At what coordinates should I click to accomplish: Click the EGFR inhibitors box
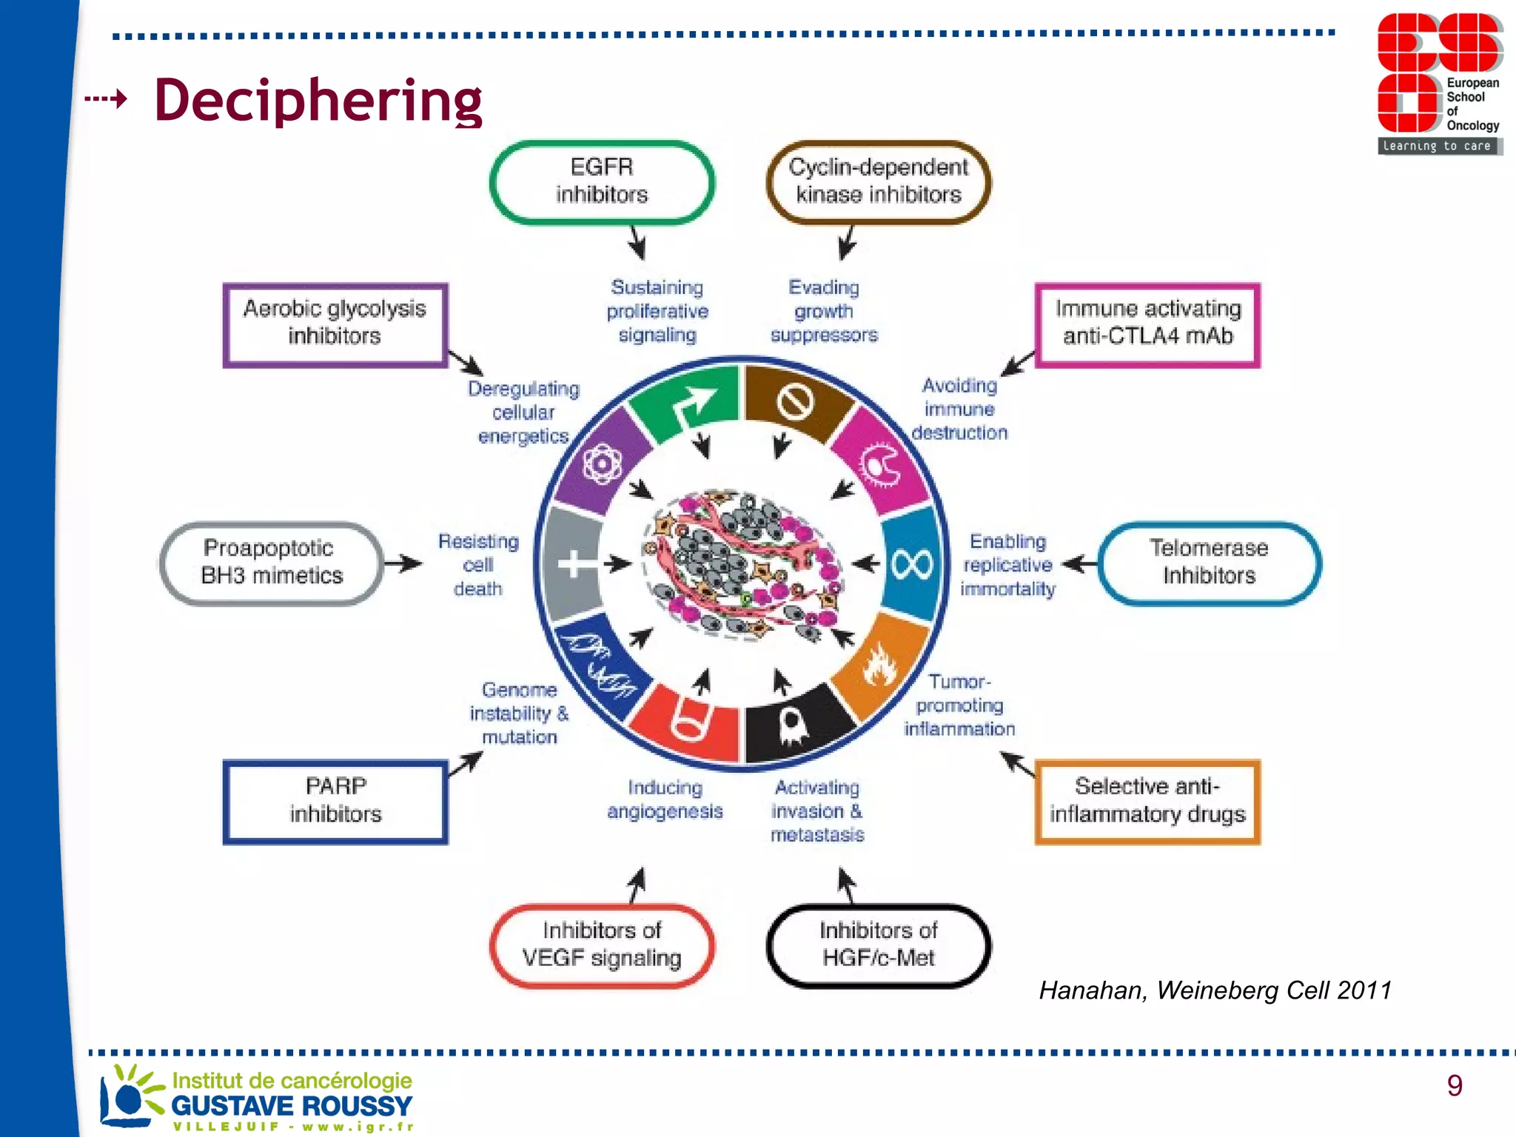(602, 181)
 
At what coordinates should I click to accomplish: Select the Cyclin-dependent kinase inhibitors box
(878, 181)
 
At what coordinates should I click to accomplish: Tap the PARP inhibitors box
(335, 801)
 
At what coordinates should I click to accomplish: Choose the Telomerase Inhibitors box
(1209, 563)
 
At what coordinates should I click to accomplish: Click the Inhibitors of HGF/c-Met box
(878, 945)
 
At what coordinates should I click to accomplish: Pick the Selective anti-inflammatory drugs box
(1147, 801)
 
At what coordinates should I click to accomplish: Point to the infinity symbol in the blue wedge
(912, 565)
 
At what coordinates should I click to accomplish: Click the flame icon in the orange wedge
(879, 664)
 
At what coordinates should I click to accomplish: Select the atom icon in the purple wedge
(602, 464)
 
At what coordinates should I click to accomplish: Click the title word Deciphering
(318, 100)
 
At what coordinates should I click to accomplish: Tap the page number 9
(1454, 1085)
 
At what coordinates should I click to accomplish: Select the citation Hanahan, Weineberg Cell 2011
(1215, 990)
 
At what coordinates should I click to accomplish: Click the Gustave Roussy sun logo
(130, 1096)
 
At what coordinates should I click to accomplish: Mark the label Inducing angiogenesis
(664, 799)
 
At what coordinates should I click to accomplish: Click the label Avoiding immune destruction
(959, 409)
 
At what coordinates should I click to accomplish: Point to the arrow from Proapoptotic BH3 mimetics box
(403, 563)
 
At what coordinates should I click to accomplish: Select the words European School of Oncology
(1472, 104)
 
